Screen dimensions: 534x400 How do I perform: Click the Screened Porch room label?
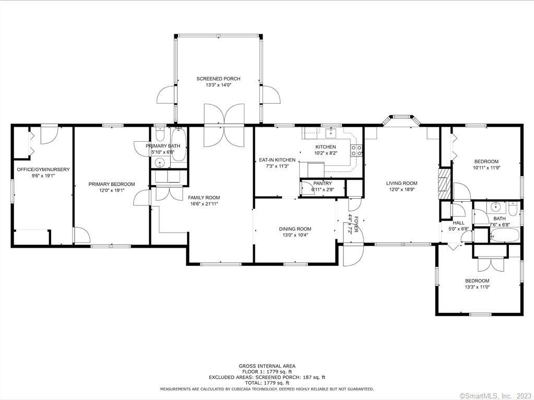pos(218,79)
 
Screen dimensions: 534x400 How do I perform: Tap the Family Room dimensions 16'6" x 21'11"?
pos(204,204)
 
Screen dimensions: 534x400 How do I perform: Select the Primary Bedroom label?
pos(112,184)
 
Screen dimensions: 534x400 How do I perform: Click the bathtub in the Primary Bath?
pos(178,145)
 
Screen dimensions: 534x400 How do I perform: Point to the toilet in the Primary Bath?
pos(160,135)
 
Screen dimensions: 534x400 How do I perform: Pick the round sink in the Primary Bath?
pos(160,163)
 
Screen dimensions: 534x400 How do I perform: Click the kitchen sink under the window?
pos(331,133)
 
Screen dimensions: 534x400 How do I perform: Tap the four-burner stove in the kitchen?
pos(357,150)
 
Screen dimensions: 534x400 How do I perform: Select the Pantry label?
pos(323,184)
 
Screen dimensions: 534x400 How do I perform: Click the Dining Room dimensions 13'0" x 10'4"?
pos(295,235)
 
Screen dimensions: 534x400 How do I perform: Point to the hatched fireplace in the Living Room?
pos(444,184)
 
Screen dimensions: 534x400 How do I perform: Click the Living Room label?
pos(401,184)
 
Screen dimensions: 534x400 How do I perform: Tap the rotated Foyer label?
pos(356,224)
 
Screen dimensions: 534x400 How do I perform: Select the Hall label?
pos(458,223)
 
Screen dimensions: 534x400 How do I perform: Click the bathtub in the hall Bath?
pos(505,235)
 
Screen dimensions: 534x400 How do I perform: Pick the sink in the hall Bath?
pos(495,206)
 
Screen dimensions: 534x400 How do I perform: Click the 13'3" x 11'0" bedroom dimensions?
pos(477,287)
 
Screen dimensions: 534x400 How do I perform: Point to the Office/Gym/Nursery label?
pos(43,169)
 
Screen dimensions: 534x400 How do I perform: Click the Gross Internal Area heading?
pos(267,366)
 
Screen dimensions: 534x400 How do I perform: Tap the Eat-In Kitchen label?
pos(277,160)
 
